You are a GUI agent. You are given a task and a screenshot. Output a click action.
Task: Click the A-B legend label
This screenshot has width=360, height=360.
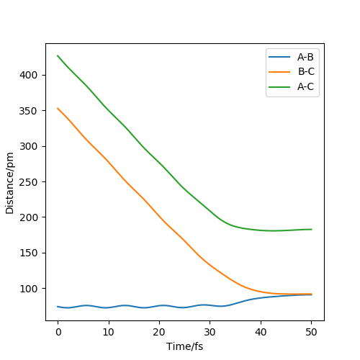(x=305, y=57)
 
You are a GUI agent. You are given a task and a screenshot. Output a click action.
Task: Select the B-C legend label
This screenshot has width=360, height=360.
(x=306, y=71)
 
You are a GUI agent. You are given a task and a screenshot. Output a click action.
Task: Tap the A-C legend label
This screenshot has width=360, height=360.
(x=305, y=86)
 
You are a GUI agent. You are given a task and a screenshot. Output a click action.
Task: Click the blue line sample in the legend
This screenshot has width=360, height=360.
(x=279, y=57)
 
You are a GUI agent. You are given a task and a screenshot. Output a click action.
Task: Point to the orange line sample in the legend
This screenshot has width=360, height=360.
(x=279, y=72)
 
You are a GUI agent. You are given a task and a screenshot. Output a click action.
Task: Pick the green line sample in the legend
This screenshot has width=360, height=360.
(x=279, y=86)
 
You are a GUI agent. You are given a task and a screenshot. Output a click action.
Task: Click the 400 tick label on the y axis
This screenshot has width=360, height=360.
(x=29, y=75)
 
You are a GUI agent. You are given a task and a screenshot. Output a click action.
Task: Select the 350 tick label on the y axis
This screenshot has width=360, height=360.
(x=29, y=111)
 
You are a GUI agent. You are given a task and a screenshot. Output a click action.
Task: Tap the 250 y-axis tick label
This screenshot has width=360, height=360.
(x=29, y=182)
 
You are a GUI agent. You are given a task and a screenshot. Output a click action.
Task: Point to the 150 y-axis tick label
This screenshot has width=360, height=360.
(x=29, y=253)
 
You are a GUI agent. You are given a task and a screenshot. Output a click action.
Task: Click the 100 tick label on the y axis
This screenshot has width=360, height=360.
(x=29, y=289)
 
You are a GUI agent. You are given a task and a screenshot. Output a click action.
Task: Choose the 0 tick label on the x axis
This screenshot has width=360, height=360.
(x=58, y=332)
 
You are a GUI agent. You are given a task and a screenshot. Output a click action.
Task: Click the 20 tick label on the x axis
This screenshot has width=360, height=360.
(x=159, y=332)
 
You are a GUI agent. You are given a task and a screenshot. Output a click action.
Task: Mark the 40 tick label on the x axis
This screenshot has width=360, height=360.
(x=261, y=332)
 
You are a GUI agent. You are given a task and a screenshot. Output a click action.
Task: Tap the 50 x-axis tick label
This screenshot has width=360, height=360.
(x=311, y=332)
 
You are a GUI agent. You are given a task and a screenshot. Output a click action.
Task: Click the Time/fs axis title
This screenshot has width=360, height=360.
(x=184, y=346)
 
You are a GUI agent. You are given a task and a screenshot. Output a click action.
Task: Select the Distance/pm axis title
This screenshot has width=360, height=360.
(x=10, y=183)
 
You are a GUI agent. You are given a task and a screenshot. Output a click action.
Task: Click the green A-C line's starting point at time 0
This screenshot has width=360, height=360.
(x=58, y=55)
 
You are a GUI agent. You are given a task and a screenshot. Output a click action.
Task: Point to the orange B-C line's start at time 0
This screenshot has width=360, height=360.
(x=58, y=108)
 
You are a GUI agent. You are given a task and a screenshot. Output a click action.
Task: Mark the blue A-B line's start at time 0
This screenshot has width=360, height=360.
(x=58, y=307)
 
